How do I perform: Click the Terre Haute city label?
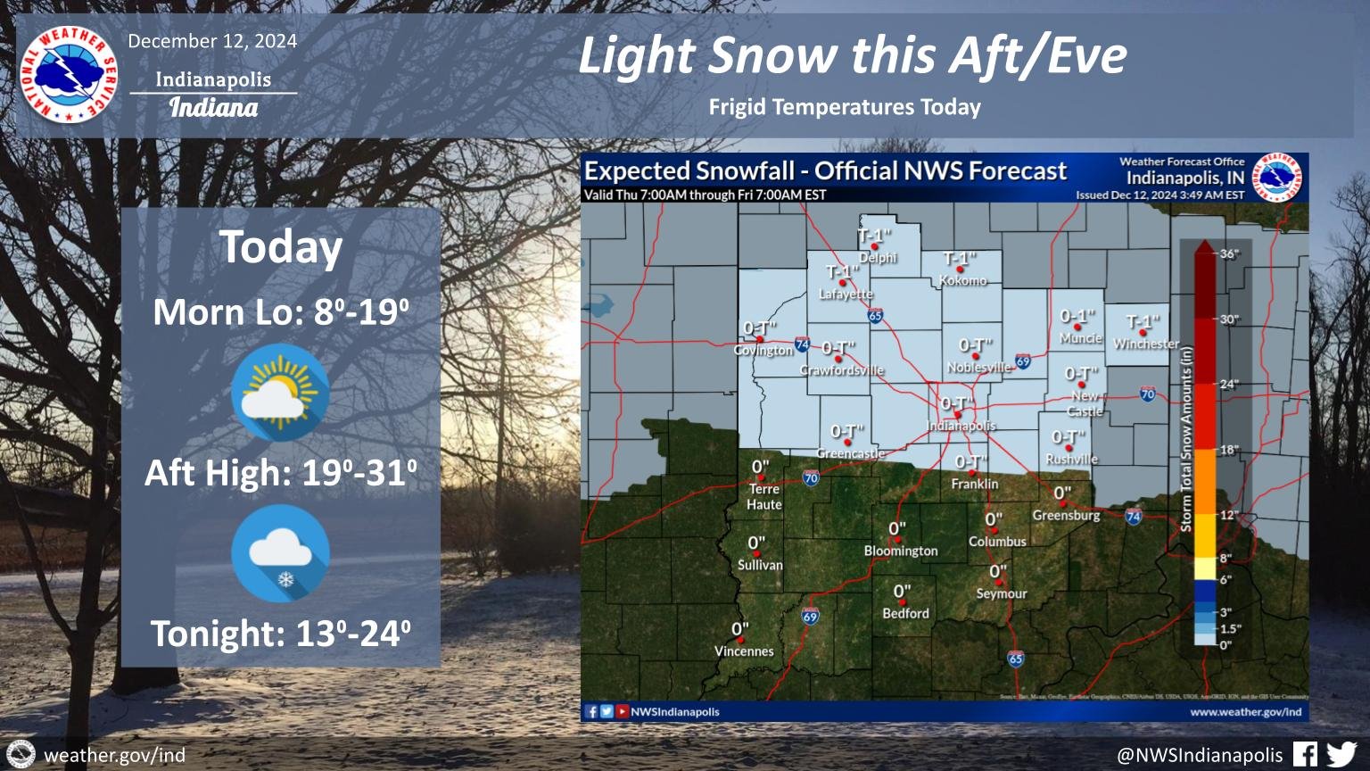pos(764,497)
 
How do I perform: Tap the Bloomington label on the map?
pos(901,551)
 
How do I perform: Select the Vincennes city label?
pos(744,651)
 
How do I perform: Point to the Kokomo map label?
pos(963,280)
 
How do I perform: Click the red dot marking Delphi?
pos(875,246)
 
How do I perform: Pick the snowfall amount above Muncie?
pos(1077,317)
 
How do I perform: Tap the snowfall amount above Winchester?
pos(1143,322)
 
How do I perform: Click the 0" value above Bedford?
pos(902,592)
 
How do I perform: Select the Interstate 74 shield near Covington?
pos(802,344)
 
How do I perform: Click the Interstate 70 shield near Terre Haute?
pos(811,478)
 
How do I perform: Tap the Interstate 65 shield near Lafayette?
pos(875,316)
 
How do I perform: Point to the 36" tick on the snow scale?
pos(1229,254)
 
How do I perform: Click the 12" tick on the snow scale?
pos(1230,515)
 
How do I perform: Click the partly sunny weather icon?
pos(280,393)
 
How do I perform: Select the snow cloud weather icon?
pos(280,553)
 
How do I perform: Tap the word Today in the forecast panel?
pos(281,247)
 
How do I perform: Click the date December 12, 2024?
pos(212,41)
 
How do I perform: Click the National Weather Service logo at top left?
pos(68,75)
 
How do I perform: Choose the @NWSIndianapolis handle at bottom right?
pos(1200,755)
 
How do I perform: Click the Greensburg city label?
pos(1066,516)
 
